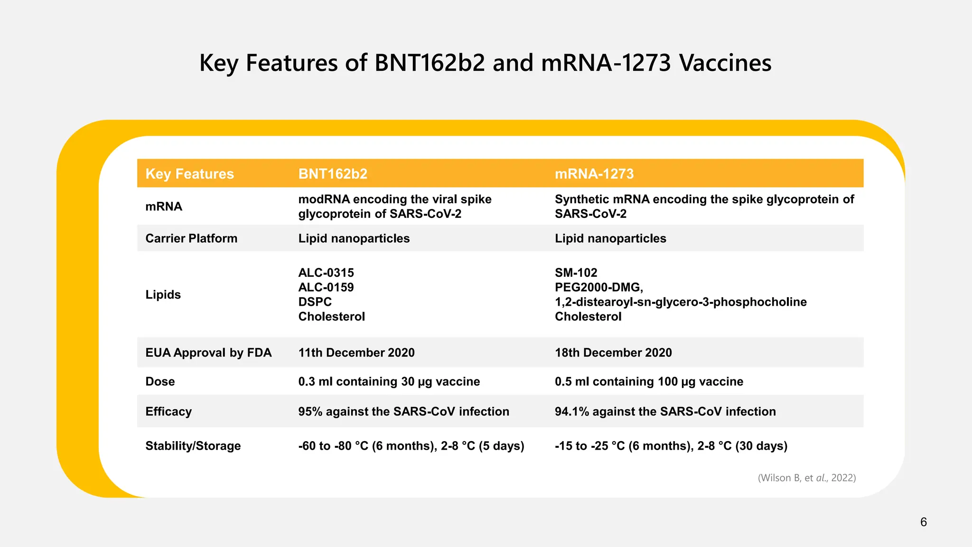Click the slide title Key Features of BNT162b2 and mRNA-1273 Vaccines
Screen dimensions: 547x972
pos(485,63)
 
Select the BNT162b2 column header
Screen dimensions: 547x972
pos(333,174)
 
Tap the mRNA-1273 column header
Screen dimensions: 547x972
pos(594,174)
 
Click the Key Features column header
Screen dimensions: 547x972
pos(189,174)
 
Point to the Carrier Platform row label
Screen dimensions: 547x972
pos(191,238)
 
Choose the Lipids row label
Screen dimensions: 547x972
pos(163,294)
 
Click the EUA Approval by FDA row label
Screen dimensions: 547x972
pos(208,353)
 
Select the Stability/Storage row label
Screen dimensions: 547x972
pos(193,446)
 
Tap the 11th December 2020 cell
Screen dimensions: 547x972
pos(356,353)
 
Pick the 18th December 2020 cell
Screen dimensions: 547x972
pos(613,353)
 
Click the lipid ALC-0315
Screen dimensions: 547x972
pos(326,273)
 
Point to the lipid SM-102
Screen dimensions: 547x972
pos(576,273)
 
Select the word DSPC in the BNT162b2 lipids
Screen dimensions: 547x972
pos(315,302)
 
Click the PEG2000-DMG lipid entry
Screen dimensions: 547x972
pos(598,287)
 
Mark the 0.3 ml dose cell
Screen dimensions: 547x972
pos(389,382)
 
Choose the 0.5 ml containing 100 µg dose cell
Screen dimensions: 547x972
pos(649,382)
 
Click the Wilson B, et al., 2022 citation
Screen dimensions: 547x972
pos(806,478)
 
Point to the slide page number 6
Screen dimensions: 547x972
pos(923,522)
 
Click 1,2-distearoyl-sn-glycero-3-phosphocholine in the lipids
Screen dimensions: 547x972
pos(681,302)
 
